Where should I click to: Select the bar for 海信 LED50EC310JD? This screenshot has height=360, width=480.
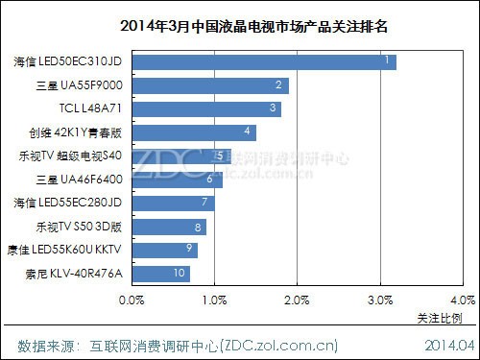tap(264, 62)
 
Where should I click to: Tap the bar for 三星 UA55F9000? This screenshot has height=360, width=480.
tap(210, 86)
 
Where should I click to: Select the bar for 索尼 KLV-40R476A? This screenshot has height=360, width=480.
tap(160, 273)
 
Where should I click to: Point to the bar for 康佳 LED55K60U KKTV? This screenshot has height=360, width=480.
tap(165, 250)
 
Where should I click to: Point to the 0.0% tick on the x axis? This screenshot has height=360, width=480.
tap(132, 300)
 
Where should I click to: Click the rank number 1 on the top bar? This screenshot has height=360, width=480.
tap(386, 61)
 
